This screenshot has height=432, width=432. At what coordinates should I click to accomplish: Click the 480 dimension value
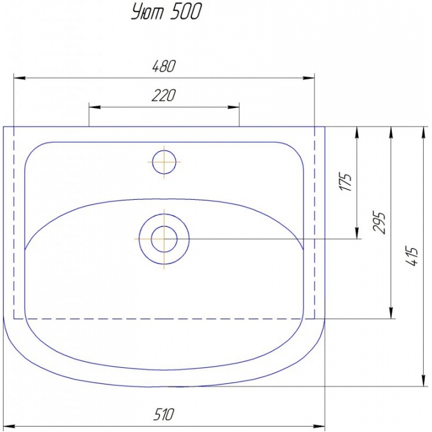tap(164, 67)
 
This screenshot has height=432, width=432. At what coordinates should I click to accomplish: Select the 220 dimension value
tap(163, 95)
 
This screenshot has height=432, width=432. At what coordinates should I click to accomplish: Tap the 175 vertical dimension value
tap(346, 182)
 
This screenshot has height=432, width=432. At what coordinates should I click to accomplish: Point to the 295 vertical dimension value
tap(379, 223)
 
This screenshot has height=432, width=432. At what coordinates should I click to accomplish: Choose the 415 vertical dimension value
tap(412, 256)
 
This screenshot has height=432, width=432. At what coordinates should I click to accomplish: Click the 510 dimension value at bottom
tap(164, 414)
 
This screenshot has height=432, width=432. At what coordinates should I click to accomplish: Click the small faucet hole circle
tap(164, 162)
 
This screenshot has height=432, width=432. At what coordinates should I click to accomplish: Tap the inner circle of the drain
tap(164, 239)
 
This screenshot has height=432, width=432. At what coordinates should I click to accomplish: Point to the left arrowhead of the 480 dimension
tap(20, 78)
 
